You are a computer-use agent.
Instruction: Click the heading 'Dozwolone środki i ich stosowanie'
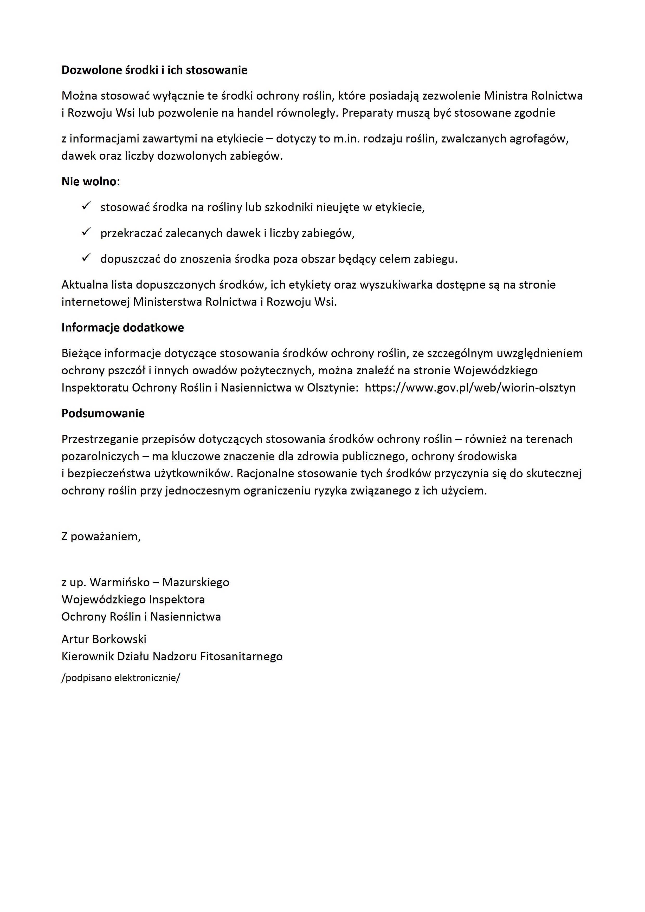(154, 70)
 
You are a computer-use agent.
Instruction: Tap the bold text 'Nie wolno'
(89, 181)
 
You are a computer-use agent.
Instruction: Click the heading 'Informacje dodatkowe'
(122, 328)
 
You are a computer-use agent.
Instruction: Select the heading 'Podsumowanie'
(103, 414)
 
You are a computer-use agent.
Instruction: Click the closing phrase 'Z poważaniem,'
(101, 537)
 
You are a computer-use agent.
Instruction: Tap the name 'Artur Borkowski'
(104, 639)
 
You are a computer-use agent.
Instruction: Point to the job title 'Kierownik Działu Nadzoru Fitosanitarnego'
(172, 657)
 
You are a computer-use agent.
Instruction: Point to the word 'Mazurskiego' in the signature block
(196, 582)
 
